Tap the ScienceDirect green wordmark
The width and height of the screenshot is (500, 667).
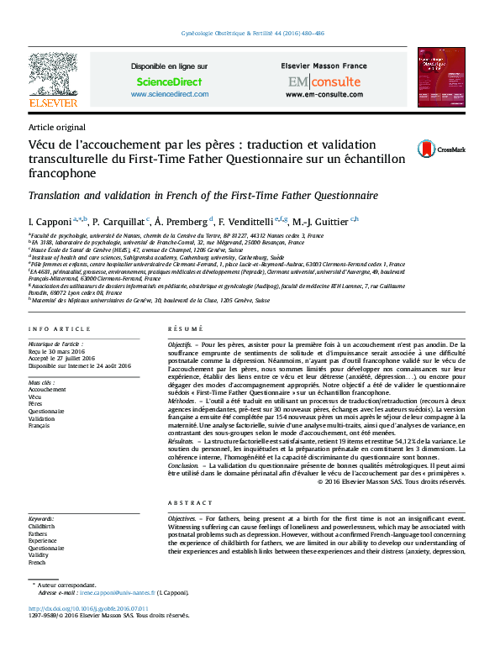169,81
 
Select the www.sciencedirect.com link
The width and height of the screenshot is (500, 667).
169,94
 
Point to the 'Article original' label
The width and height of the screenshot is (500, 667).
51,126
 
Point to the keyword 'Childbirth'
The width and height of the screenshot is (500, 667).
43,526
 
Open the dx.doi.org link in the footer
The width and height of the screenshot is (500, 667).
88,607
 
